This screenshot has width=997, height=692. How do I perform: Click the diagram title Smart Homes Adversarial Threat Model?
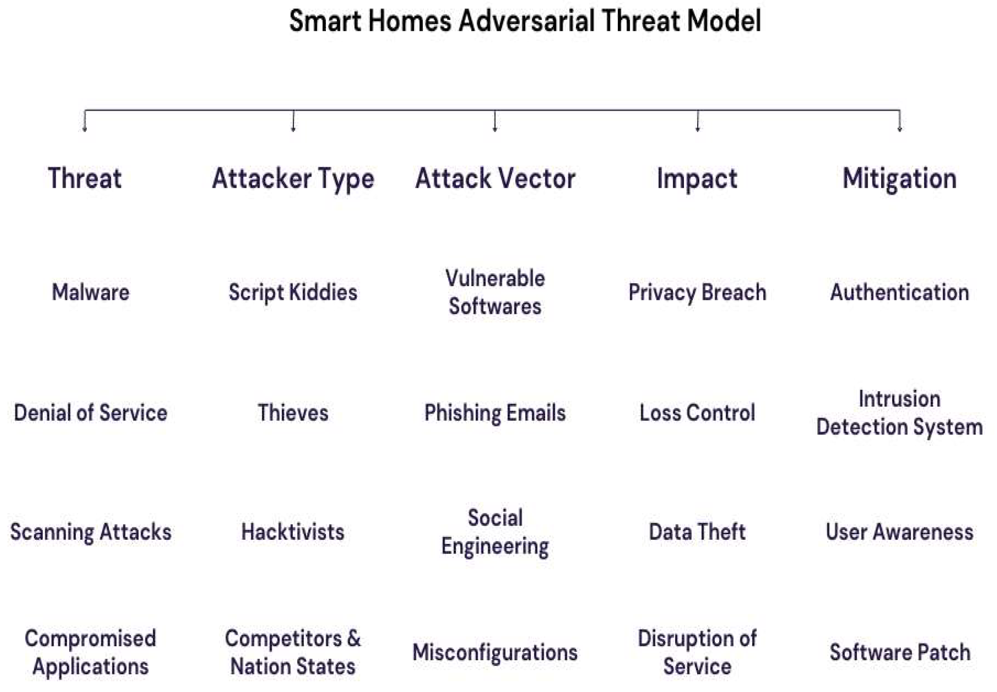point(525,21)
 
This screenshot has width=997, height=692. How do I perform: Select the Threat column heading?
point(85,179)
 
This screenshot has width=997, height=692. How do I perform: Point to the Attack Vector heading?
point(495,179)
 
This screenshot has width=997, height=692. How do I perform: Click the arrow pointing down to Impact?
point(697,121)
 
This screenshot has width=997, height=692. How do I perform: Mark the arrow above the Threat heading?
point(85,121)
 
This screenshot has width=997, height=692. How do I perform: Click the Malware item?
point(90,292)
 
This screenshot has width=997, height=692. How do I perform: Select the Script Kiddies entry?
point(293,293)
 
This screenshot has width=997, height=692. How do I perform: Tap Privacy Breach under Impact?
point(697,293)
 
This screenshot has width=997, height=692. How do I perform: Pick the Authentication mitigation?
point(900,292)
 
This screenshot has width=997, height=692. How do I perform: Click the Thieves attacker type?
point(293,413)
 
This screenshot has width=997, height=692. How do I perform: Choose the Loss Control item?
point(697,413)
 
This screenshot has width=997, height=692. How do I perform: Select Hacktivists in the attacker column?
point(293,532)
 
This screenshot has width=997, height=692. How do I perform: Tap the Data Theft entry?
point(697,532)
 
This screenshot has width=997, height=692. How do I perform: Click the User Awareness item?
point(900,532)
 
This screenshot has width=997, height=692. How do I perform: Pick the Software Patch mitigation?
point(900,652)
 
